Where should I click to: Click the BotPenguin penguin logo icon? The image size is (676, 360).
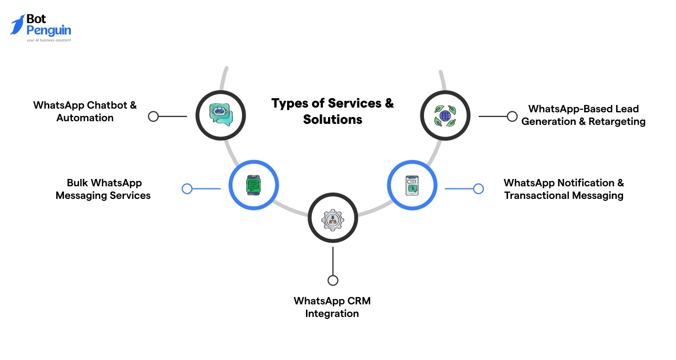tap(17, 24)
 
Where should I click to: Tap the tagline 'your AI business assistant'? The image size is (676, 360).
tap(48, 40)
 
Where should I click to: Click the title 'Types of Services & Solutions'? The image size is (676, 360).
tap(332, 111)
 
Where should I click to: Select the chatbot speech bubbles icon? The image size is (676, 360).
tap(220, 115)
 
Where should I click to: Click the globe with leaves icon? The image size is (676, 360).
tap(445, 115)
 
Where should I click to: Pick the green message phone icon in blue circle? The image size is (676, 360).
tap(254, 185)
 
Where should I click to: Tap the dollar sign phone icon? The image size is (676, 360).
tap(412, 185)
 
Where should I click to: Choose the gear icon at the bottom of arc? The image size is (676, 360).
tap(332, 218)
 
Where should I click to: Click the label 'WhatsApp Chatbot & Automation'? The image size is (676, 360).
tap(85, 111)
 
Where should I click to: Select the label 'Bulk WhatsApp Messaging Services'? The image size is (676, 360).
tap(103, 189)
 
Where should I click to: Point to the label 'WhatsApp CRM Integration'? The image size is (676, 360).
tap(332, 307)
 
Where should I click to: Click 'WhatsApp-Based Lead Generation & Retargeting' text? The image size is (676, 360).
tap(583, 115)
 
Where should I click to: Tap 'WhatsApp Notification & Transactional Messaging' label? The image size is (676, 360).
tap(564, 189)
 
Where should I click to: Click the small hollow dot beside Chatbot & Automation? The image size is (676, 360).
tap(153, 117)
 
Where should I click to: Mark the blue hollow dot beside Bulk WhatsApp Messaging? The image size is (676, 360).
tap(187, 189)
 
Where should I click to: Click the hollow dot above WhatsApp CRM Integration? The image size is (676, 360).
tap(333, 280)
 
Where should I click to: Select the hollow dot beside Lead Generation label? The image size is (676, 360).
tap(512, 117)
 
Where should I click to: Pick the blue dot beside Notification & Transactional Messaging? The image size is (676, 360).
tap(478, 189)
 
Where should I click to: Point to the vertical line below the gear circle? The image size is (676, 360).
tap(333, 260)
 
